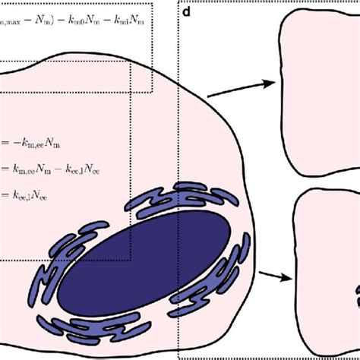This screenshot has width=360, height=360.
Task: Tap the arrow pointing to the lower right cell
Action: [275, 277]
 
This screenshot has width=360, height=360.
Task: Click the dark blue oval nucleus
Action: [145, 257]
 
